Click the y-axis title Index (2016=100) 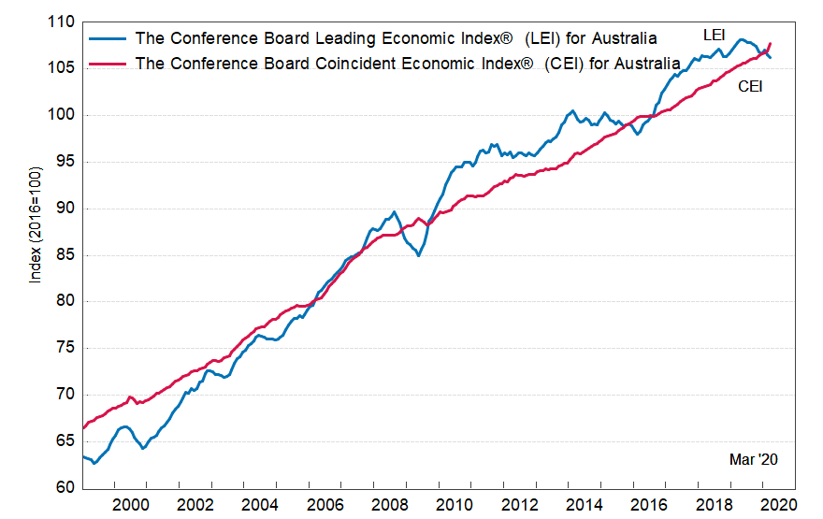click(x=36, y=224)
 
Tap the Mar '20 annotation click(x=754, y=459)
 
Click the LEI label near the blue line click(x=715, y=36)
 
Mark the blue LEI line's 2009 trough click(x=418, y=254)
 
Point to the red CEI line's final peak click(x=769, y=43)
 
